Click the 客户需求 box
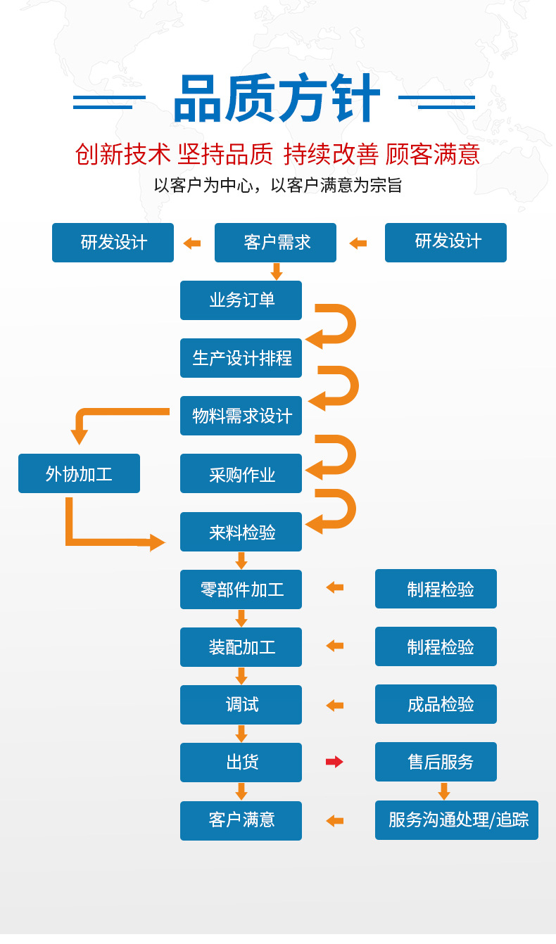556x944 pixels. [x=275, y=243]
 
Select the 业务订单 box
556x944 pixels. [x=241, y=300]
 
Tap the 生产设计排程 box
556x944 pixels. [x=241, y=358]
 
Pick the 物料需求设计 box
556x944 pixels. [x=241, y=416]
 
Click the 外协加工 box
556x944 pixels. [x=79, y=473]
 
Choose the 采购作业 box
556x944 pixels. [x=241, y=473]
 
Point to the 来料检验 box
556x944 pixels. [x=241, y=532]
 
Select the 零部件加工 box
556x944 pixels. [x=241, y=589]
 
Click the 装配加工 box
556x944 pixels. [x=241, y=647]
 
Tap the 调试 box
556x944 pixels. [x=241, y=705]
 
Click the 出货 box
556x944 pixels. [x=241, y=763]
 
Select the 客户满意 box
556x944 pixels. [x=241, y=821]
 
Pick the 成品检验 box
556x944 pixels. [x=436, y=704]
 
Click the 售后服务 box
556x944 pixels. [x=436, y=762]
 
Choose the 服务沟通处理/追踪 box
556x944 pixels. [x=457, y=820]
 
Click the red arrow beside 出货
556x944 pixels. [x=334, y=762]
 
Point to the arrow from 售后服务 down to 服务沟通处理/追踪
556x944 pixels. [x=444, y=791]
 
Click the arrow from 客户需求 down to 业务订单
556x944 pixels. [x=277, y=272]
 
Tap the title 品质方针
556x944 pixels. [x=277, y=98]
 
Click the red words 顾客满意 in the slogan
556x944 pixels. [x=433, y=154]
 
